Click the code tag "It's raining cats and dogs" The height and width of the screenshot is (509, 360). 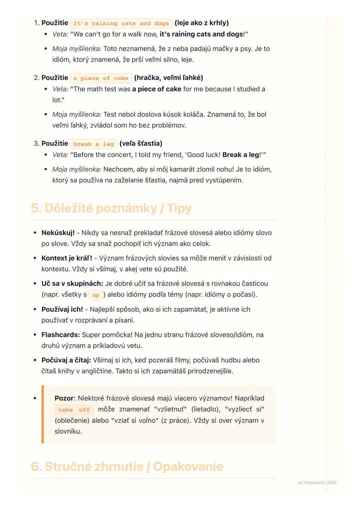point(121,23)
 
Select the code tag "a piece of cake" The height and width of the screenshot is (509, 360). point(101,78)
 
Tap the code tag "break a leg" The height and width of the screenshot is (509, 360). point(93,144)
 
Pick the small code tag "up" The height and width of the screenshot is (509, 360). point(96,295)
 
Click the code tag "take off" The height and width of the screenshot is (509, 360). point(74,410)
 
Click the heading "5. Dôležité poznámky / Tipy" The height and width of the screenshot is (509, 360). point(111,208)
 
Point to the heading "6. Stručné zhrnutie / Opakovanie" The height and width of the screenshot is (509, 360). point(127,466)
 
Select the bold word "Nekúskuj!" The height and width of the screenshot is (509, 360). point(58,233)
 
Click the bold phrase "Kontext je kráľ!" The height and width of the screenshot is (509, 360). point(67,258)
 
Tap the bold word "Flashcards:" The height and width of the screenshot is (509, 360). point(61,335)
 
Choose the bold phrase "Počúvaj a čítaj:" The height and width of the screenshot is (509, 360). point(66,360)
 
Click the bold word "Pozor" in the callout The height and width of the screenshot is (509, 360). point(64,398)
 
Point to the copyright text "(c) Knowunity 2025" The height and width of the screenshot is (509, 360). point(317,482)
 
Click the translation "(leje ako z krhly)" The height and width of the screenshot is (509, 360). point(202,23)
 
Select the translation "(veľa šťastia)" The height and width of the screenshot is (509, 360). point(141,144)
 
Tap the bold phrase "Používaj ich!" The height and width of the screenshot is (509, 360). point(62,309)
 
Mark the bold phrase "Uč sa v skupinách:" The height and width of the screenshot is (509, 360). point(72,283)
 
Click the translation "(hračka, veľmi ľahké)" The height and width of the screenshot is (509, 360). point(169,78)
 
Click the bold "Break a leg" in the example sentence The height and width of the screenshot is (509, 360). point(241,155)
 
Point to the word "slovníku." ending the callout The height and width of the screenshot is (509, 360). point(68,431)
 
